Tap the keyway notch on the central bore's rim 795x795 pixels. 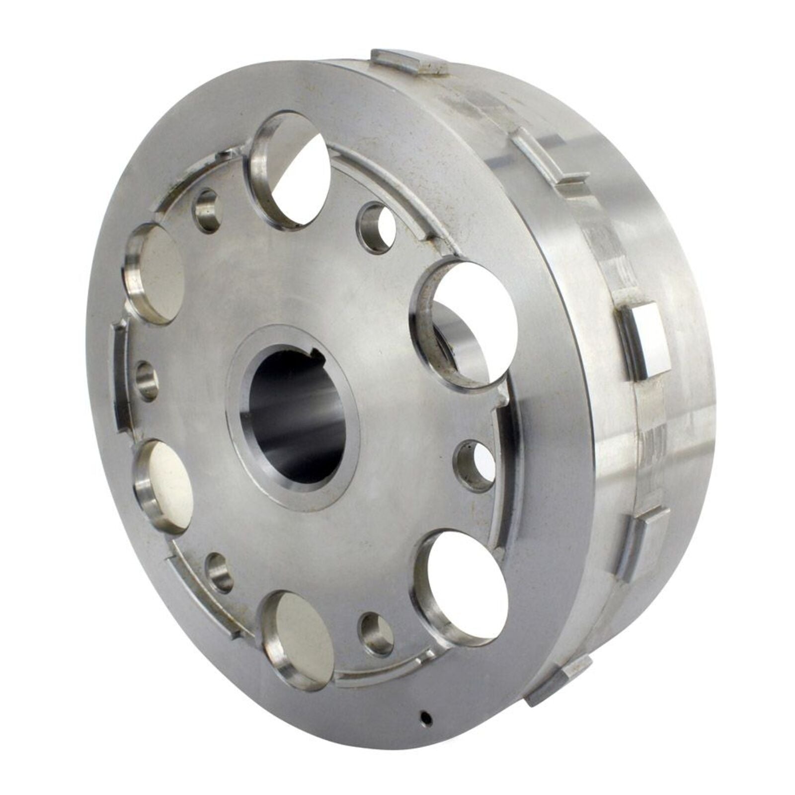tap(315, 354)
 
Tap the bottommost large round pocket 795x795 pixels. tap(298, 641)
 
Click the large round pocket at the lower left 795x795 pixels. tap(164, 487)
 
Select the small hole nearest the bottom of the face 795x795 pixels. tap(378, 634)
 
